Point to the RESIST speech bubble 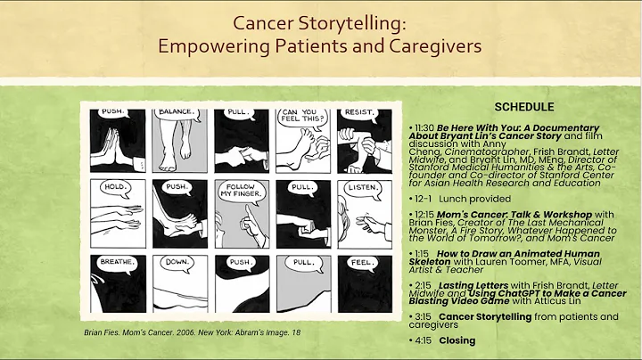pos(358,115)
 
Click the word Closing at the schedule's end pos(457,340)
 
